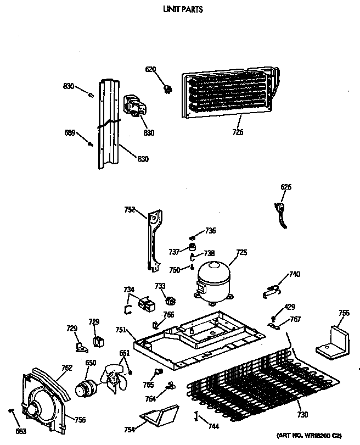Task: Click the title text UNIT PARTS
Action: [180, 9]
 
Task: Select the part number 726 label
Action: [238, 132]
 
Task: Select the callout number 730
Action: [302, 414]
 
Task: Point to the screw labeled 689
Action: [89, 144]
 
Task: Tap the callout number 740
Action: [295, 274]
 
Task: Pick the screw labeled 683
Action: [11, 411]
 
